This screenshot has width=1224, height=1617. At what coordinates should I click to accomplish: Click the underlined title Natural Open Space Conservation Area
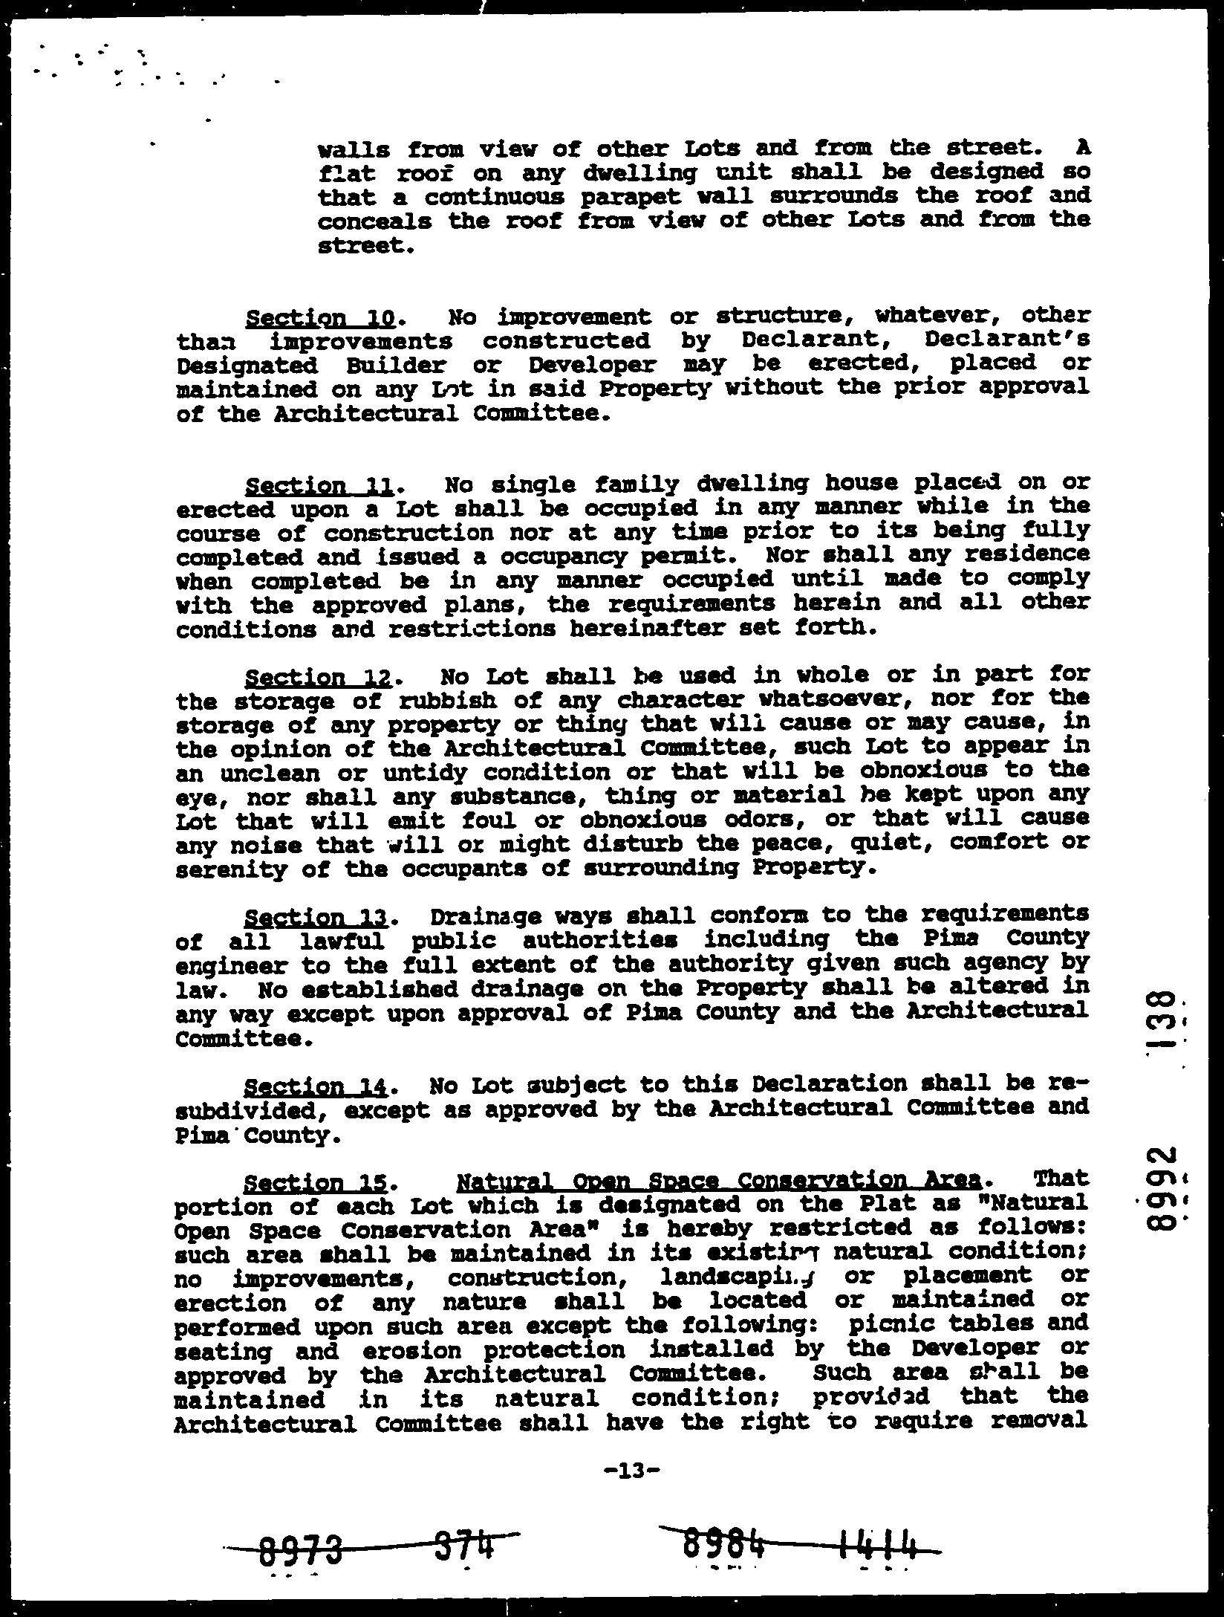coord(720,1180)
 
